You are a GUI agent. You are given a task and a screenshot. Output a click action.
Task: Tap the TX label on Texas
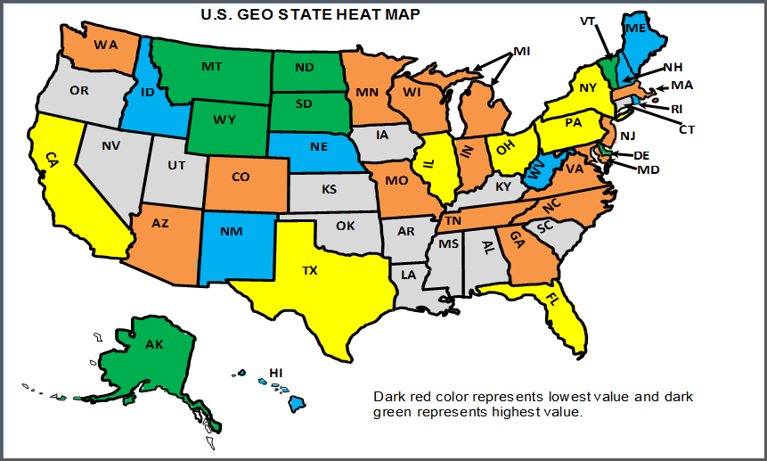[x=310, y=269]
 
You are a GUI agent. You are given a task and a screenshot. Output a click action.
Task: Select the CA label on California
[x=51, y=158]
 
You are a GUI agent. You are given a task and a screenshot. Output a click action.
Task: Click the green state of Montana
[x=211, y=68]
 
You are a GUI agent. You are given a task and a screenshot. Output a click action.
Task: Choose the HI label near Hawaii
[x=276, y=373]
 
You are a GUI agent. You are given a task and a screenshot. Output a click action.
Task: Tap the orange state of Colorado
[x=241, y=177]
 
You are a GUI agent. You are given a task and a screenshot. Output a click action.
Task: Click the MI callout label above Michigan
[x=521, y=52]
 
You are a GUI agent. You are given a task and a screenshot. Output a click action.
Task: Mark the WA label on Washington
[x=106, y=45]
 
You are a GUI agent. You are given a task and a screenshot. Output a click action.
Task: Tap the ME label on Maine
[x=636, y=29]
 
